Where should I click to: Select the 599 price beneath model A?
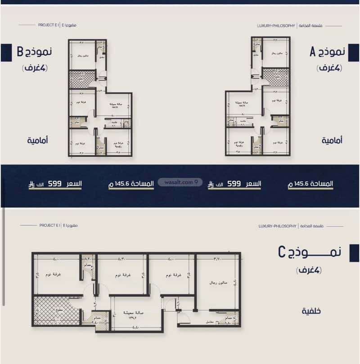point(234,184)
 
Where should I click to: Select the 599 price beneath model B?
point(54,184)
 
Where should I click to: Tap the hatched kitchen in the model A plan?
point(276,77)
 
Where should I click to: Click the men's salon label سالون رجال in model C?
point(218,283)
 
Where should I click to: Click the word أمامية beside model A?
point(333,140)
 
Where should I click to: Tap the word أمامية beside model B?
point(37,140)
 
